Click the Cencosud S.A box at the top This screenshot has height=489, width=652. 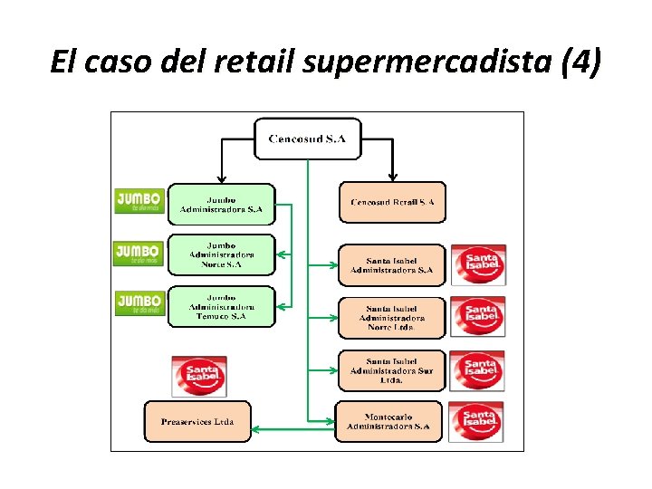307,139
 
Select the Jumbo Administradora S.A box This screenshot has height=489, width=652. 221,205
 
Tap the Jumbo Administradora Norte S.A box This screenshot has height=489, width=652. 221,254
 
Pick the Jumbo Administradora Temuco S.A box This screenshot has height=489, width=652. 221,306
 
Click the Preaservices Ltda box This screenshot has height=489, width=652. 197,421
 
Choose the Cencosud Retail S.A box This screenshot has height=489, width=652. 392,202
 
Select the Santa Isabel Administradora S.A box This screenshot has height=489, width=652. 392,264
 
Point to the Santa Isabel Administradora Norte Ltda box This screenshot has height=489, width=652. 392,318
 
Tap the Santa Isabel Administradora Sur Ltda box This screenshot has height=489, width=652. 392,369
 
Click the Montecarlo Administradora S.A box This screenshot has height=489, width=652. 388,421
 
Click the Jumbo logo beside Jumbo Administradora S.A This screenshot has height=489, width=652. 139,201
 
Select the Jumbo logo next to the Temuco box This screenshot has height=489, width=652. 139,302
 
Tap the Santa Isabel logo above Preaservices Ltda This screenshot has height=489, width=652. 199,375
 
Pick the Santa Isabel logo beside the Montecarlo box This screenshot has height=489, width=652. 477,421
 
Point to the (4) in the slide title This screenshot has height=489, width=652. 580,63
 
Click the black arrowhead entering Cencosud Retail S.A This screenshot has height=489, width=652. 392,177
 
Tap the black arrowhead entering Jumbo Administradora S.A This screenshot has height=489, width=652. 221,178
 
